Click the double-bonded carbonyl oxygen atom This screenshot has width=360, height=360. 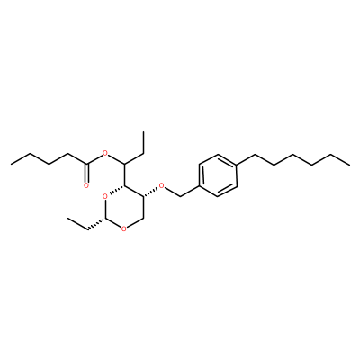[86, 185]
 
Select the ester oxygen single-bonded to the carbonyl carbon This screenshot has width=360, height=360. [104, 154]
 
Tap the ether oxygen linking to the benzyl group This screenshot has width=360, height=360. [162, 186]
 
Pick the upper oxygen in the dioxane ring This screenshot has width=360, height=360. [104, 197]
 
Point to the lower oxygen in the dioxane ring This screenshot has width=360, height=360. [124, 229]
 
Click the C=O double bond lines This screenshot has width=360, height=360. [86, 173]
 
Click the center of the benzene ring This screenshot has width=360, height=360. [218, 175]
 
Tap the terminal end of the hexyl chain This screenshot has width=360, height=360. [349, 165]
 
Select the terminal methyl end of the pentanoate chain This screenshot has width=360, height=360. [11, 164]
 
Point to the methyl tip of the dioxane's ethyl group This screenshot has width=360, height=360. [68, 219]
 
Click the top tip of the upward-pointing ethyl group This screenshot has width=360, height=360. [143, 131]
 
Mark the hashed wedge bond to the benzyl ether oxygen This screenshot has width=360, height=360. [150, 193]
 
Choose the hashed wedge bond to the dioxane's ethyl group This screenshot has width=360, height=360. [96, 225]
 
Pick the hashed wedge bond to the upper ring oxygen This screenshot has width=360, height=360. [117, 191]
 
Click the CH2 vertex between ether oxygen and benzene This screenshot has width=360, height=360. [181, 197]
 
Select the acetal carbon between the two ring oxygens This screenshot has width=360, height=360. [105, 220]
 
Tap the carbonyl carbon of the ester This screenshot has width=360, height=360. [86, 164]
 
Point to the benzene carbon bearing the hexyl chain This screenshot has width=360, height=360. [237, 165]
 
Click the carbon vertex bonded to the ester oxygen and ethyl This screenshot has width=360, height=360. [124, 164]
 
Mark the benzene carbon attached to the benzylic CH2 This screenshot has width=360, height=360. [199, 186]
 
